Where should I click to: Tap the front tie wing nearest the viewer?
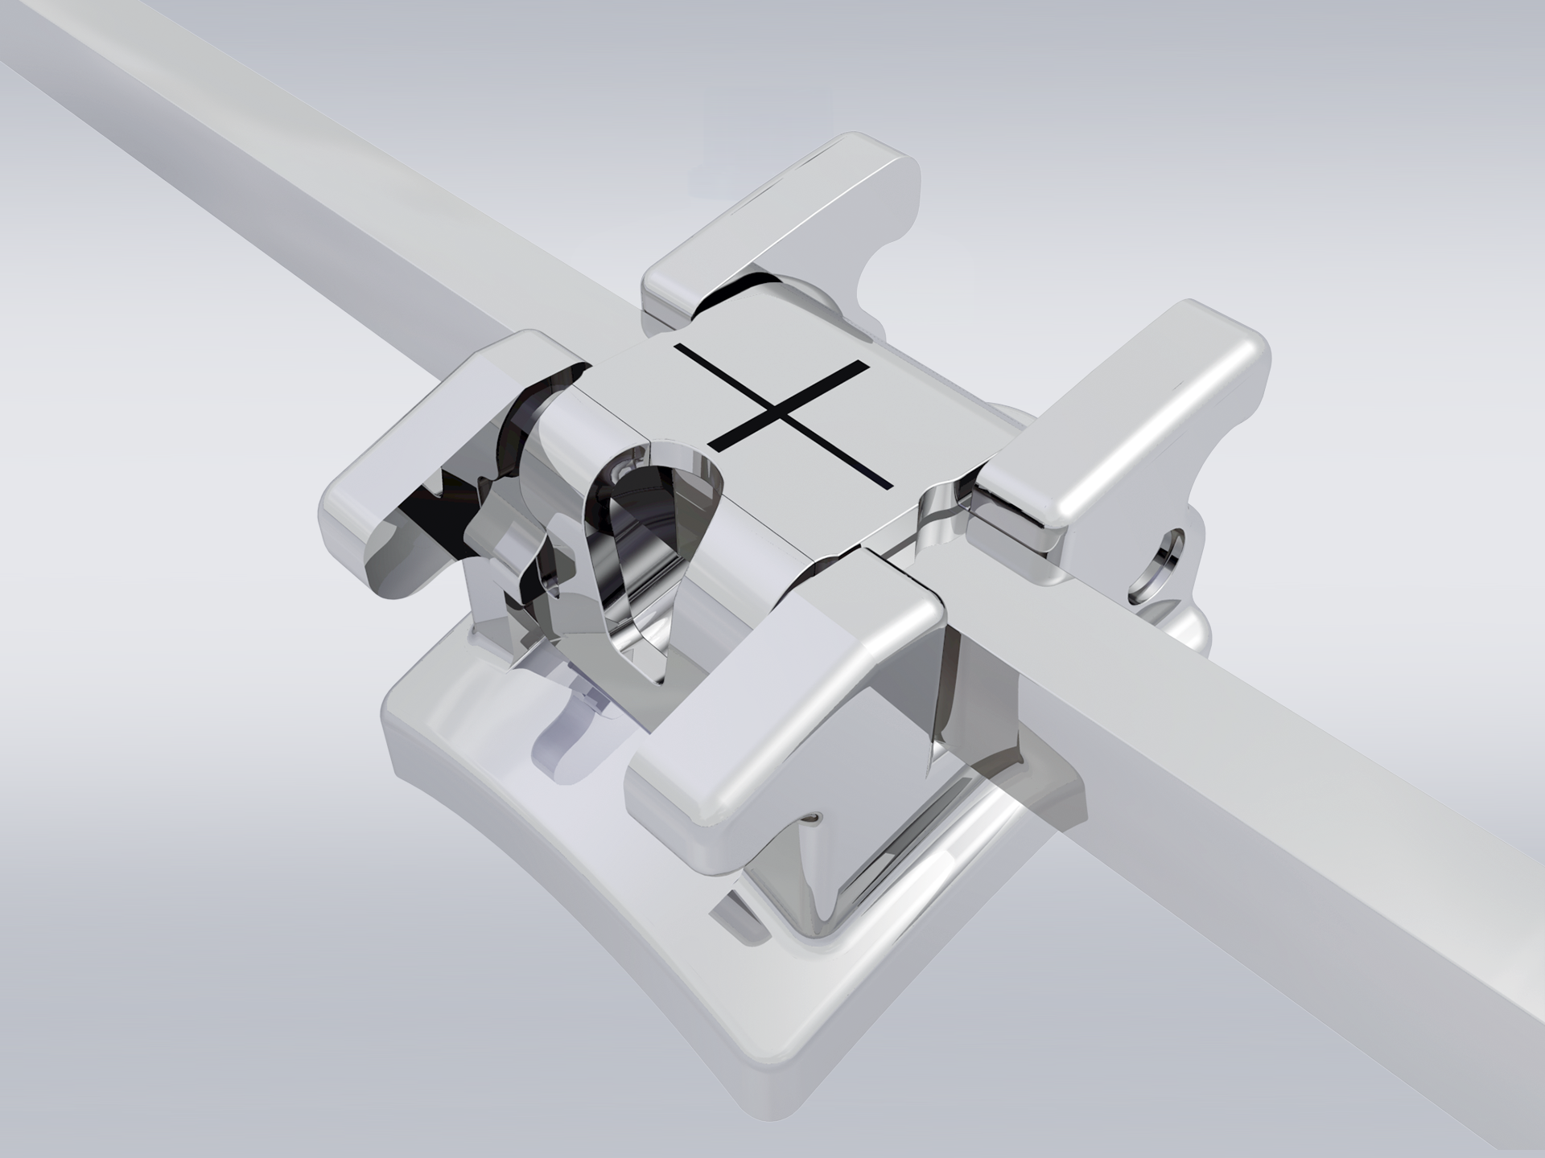click(x=772, y=708)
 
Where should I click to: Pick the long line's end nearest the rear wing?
click(x=678, y=347)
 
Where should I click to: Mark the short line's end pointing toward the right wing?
click(x=867, y=365)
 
